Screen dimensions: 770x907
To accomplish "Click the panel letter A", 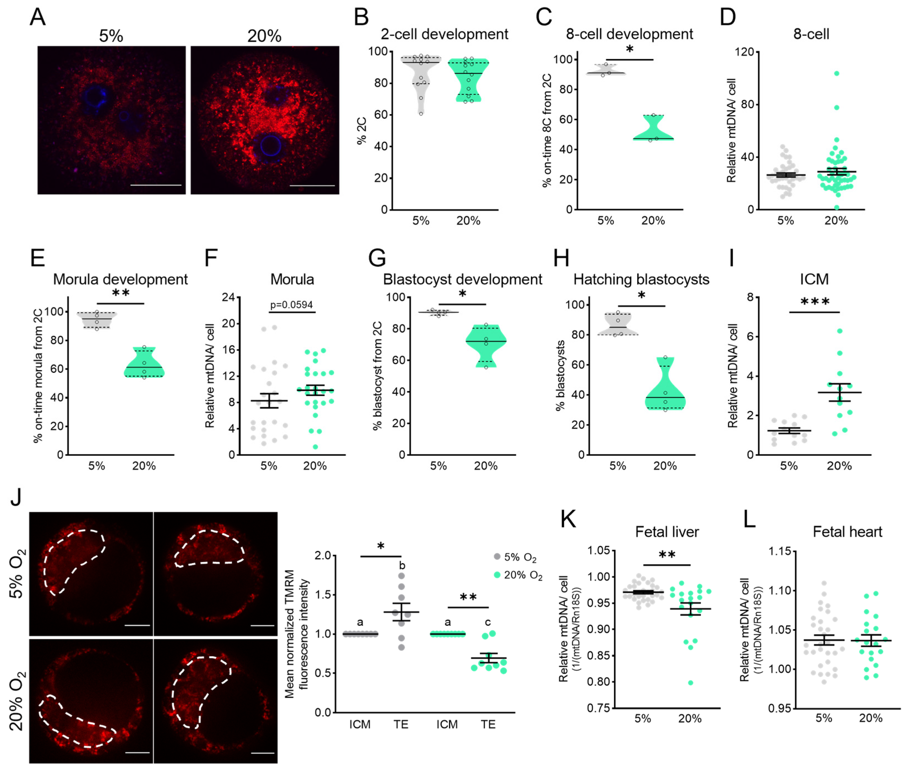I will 38,17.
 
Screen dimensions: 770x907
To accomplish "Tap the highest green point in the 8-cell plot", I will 836,73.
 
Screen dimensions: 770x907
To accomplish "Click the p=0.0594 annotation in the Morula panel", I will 291,305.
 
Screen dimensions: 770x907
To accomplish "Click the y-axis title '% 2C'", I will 362,131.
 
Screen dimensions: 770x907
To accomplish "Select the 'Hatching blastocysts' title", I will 641,279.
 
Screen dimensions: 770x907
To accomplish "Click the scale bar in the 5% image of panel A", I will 156,185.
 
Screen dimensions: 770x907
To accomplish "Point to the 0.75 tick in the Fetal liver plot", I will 598,707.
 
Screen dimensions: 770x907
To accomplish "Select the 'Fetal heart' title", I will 847,532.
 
